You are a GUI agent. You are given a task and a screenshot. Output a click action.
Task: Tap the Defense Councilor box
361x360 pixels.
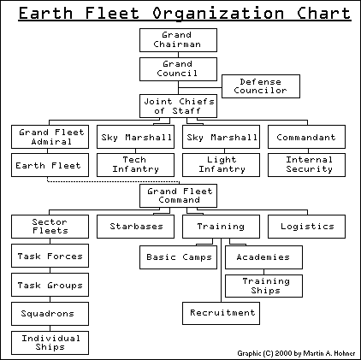tap(260, 86)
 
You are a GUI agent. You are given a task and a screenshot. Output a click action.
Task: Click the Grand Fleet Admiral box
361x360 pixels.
tap(49, 137)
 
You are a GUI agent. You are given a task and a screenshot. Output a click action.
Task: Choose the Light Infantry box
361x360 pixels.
tap(221, 164)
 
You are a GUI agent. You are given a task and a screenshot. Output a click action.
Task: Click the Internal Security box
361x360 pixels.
tap(310, 164)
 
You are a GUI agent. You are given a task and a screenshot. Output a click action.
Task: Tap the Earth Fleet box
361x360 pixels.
tap(49, 164)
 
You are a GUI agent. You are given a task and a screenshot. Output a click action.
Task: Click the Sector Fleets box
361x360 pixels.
tap(49, 227)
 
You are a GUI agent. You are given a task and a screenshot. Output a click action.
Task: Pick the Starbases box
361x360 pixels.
tap(136, 227)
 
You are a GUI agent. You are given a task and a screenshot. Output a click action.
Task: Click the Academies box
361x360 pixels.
tap(263, 257)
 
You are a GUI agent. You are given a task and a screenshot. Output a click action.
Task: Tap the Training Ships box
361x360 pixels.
tap(267, 285)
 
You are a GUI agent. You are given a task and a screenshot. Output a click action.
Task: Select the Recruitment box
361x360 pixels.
tap(221, 313)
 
